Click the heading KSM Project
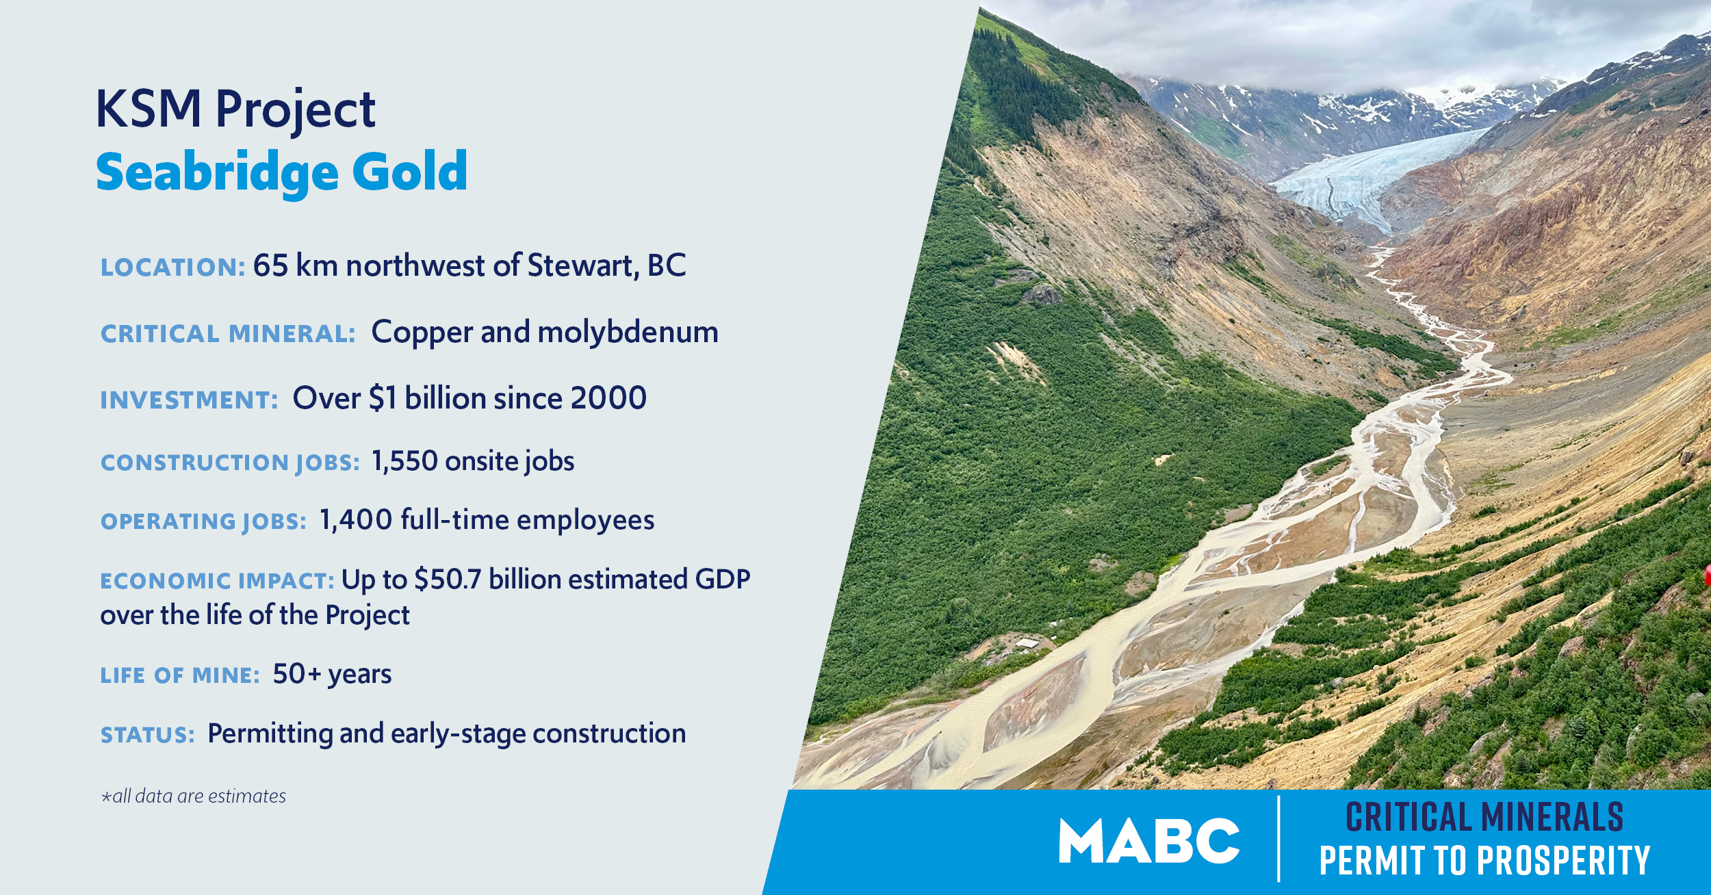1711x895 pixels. [x=235, y=109]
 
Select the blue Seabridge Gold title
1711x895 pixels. [x=281, y=172]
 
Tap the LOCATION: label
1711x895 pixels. [x=173, y=267]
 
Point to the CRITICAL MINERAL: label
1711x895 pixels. [x=228, y=334]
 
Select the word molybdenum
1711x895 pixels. [x=628, y=333]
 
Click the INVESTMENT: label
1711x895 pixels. [x=189, y=400]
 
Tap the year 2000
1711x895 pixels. [x=608, y=398]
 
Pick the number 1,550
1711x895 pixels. [x=404, y=462]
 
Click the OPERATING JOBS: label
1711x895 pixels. [x=203, y=521]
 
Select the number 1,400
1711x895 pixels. [x=356, y=520]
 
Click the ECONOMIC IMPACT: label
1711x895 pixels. [x=217, y=581]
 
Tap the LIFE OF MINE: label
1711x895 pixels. [x=180, y=675]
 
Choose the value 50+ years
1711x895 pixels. [x=332, y=675]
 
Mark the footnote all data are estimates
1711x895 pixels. [x=193, y=796]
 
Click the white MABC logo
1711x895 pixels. [x=1149, y=841]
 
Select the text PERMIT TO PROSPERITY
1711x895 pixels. [x=1484, y=861]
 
